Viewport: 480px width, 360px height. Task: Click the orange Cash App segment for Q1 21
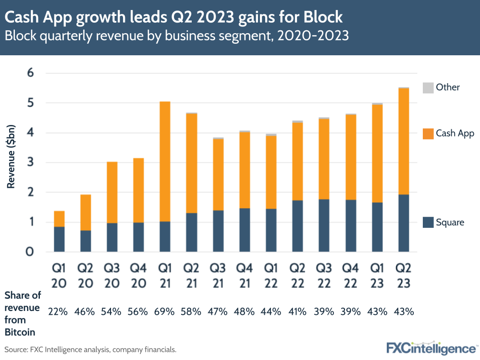(165, 161)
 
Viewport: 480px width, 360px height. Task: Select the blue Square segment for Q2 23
(404, 223)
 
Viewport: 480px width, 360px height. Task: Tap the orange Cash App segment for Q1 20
(59, 219)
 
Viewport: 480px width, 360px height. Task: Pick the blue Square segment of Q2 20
(86, 241)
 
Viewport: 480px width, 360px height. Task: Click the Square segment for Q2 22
(297, 226)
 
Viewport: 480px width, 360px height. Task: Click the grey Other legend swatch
(427, 87)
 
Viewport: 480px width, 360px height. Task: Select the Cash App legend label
(455, 134)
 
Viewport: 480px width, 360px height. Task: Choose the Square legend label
(450, 222)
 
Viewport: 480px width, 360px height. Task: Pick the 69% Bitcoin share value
(165, 311)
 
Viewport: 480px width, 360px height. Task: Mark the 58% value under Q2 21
(191, 311)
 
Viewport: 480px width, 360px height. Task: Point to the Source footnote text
(90, 349)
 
